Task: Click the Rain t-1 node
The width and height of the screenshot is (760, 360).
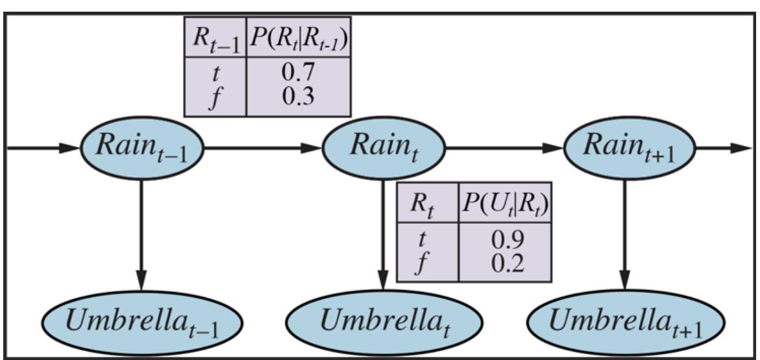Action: pos(142,148)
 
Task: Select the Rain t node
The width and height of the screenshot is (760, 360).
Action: pos(384,148)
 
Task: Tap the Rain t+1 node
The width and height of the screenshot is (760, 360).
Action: pos(629,148)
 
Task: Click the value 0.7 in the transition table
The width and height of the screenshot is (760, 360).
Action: pos(299,74)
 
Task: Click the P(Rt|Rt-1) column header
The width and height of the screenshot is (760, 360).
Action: pos(299,38)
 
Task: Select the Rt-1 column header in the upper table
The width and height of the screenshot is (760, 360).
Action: pos(215,38)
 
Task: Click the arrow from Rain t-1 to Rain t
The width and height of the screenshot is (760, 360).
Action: pos(263,148)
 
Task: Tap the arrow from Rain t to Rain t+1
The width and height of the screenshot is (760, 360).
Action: pos(505,148)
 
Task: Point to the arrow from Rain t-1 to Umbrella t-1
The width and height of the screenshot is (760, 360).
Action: pos(142,234)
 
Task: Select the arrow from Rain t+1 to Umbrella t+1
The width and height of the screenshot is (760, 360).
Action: pos(625,234)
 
